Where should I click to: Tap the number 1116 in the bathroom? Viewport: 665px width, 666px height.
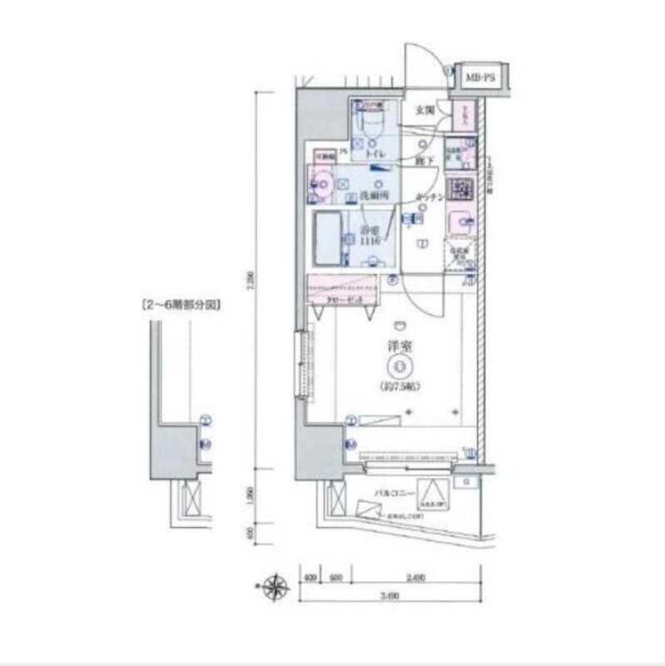(370, 240)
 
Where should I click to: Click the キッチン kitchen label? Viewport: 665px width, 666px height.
(429, 196)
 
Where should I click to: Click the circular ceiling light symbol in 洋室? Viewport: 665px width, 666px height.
(400, 365)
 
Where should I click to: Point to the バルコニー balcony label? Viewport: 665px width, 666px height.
(394, 494)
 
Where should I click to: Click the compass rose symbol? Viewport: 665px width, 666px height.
(275, 588)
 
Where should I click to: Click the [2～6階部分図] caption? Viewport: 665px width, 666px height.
(182, 305)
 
